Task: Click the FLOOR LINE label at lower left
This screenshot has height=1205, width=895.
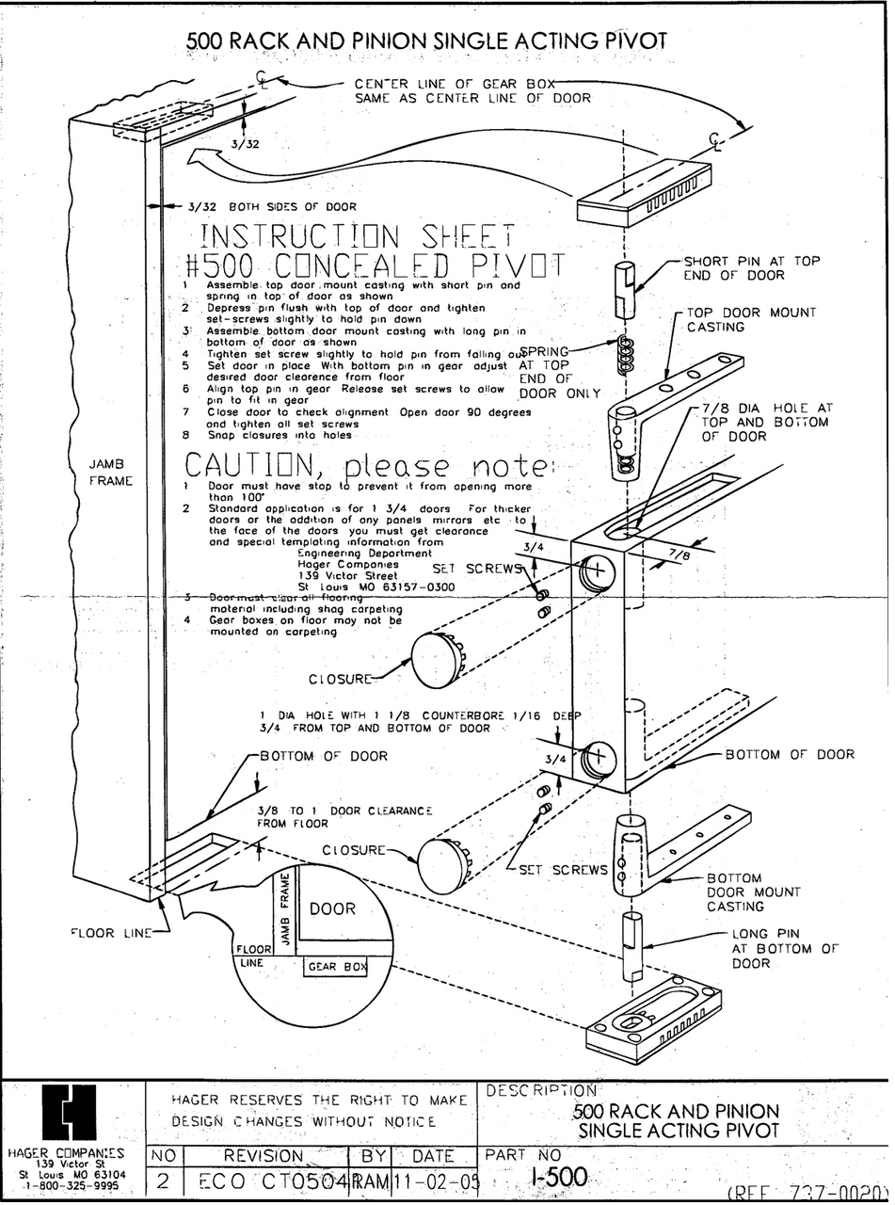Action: [x=110, y=934]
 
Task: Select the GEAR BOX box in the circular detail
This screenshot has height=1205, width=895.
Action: [x=335, y=967]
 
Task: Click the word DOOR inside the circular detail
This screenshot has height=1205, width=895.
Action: [x=332, y=908]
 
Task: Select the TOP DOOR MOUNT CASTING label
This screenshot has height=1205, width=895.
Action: [x=751, y=319]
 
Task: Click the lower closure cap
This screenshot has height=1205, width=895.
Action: [x=444, y=865]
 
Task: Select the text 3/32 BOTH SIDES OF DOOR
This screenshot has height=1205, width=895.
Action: [x=272, y=207]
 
